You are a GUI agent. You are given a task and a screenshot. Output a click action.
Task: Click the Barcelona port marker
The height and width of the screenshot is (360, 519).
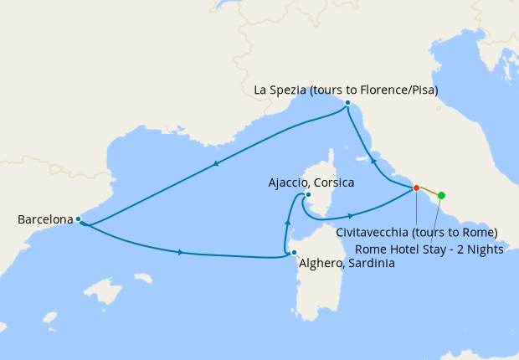tap(78, 219)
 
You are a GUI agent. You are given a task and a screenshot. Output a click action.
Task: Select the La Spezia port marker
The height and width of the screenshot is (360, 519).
tap(347, 103)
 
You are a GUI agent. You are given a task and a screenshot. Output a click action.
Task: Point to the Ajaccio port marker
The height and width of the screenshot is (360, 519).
tap(308, 195)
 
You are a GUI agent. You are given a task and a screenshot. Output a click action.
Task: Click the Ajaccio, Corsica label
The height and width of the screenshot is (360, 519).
tap(311, 182)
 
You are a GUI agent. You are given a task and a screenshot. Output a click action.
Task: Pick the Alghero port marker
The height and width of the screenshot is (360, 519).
tap(294, 252)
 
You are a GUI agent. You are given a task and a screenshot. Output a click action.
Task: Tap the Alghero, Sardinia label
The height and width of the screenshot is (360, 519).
tap(347, 263)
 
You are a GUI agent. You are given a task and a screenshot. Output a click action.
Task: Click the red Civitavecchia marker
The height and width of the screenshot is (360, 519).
tap(416, 188)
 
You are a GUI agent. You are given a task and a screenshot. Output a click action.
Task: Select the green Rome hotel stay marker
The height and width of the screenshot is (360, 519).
tap(442, 196)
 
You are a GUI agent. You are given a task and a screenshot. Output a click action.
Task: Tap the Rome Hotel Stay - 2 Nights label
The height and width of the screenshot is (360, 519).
tap(429, 249)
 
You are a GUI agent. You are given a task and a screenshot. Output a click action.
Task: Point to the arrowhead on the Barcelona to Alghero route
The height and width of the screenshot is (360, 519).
tap(181, 252)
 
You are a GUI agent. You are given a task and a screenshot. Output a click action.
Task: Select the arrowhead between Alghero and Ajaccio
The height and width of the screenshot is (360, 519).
tap(288, 222)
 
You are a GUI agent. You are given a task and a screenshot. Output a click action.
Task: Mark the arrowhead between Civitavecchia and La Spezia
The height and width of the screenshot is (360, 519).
tap(374, 159)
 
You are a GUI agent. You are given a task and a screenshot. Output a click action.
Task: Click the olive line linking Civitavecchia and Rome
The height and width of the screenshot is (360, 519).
tap(429, 192)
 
